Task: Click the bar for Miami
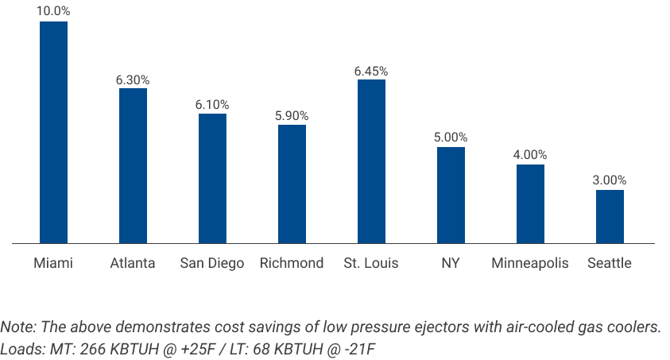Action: [53, 132]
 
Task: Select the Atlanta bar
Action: [133, 165]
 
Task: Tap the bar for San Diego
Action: [212, 178]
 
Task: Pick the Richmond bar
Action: [292, 184]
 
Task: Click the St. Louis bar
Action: [371, 161]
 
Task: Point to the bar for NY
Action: [451, 195]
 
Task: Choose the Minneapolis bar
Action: [530, 203]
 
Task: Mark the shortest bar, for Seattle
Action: [610, 216]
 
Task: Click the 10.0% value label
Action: [53, 12]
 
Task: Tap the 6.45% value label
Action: [371, 71]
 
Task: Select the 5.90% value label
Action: [292, 116]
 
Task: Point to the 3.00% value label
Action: [610, 180]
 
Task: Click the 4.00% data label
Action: [530, 155]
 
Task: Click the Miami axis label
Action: [53, 263]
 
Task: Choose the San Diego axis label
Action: [212, 263]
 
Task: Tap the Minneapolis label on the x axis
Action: [530, 263]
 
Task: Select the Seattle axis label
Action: [610, 263]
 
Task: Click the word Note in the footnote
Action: [16, 327]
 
